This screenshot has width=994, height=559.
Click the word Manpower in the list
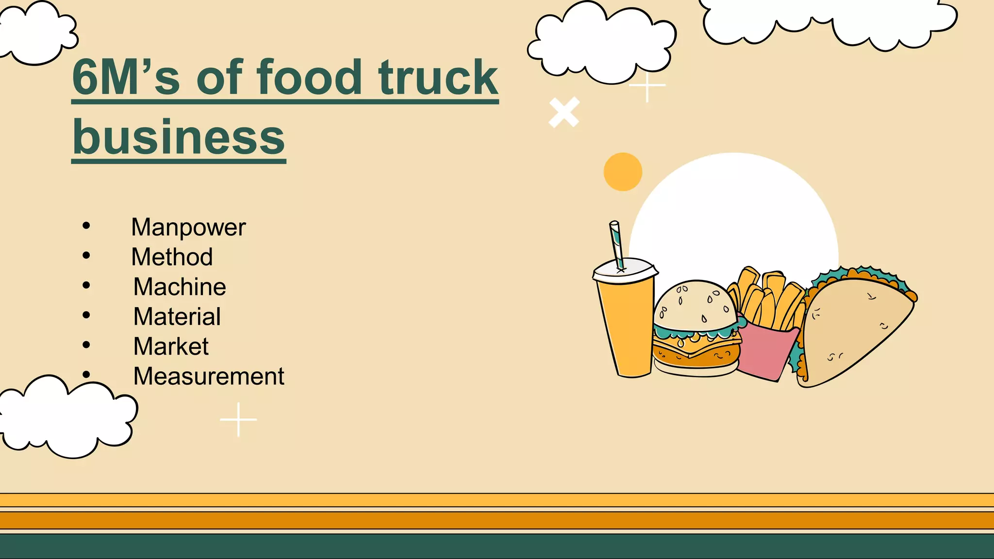coord(188,228)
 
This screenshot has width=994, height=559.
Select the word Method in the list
coord(172,257)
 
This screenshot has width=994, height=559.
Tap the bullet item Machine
coord(180,287)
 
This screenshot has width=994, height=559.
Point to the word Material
coord(177,317)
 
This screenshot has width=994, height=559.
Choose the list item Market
coord(171,346)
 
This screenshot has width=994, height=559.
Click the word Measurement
coord(209,377)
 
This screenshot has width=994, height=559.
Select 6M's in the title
coord(126,78)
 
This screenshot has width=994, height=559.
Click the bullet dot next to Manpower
coord(86,225)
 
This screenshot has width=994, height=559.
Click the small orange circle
coord(623,172)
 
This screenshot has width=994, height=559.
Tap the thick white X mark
coord(564,113)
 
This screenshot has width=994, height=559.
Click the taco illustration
coord(857,330)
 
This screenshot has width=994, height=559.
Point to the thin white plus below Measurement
coord(238,419)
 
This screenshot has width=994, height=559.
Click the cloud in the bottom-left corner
coord(66,417)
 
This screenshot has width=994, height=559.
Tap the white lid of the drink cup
coord(625,270)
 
